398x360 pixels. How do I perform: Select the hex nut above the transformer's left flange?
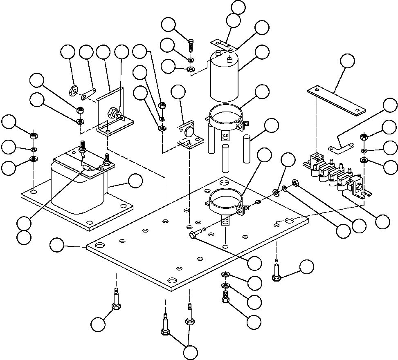click(x=34, y=134)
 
